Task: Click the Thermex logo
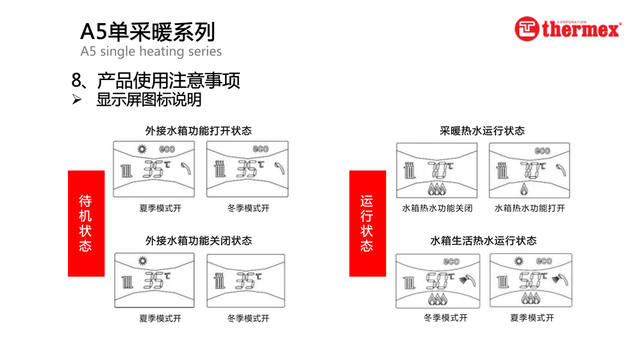[x=567, y=29]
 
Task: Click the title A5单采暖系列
[x=147, y=31]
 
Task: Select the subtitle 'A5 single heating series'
[x=151, y=51]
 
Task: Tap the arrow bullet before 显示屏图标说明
[x=77, y=100]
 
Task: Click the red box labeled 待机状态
[x=86, y=223]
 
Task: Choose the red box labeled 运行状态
[x=367, y=223]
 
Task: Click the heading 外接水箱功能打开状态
[x=198, y=131]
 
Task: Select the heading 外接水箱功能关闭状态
[x=198, y=241]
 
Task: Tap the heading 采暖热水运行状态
[x=482, y=131]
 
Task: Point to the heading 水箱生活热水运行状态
[x=483, y=241]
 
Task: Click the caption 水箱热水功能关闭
[x=437, y=208]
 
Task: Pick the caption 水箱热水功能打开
[x=529, y=208]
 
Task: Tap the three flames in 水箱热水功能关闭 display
[x=437, y=188]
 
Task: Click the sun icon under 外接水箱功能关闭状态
[x=142, y=261]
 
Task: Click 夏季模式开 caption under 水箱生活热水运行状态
[x=532, y=318]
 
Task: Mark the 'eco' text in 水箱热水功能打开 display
[x=542, y=151]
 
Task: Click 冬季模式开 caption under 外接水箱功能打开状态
[x=248, y=208]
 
